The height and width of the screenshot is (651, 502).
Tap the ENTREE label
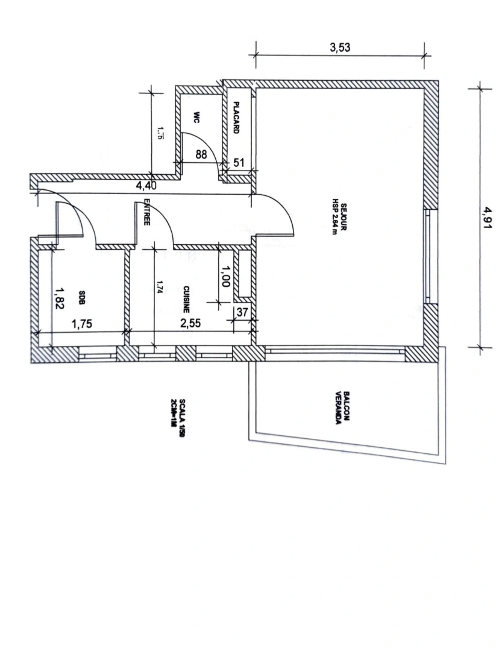click(x=146, y=213)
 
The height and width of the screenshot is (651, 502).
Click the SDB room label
click(x=82, y=298)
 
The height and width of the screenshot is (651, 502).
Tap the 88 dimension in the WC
click(x=201, y=154)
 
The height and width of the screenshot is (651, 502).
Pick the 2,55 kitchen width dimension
click(x=191, y=323)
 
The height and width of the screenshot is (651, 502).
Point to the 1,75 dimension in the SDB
click(x=83, y=324)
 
